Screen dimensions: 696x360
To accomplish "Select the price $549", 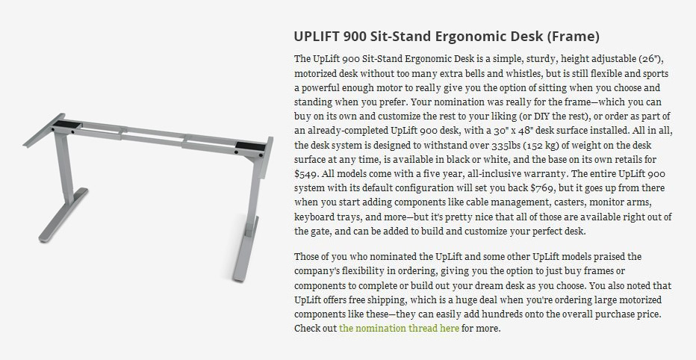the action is pyautogui.click(x=305, y=173).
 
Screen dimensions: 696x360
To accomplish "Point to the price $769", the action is pyautogui.click(x=542, y=187).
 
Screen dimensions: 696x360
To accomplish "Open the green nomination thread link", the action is pyautogui.click(x=399, y=329).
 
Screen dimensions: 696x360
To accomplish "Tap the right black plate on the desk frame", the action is pyautogui.click(x=250, y=146).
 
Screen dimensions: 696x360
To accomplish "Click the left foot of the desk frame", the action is pyautogui.click(x=63, y=215).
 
